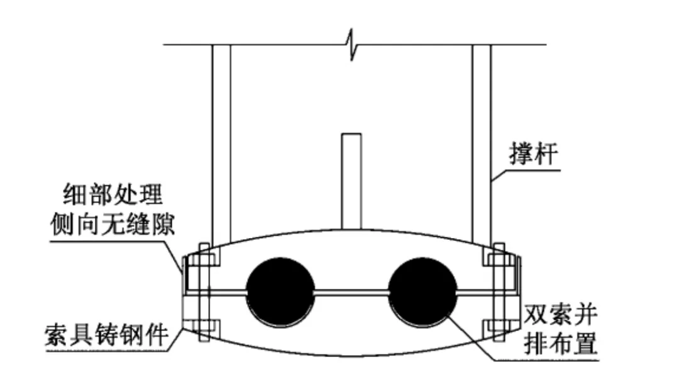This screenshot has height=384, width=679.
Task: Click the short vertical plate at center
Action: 351,179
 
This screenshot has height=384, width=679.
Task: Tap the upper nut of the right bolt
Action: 498,260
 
